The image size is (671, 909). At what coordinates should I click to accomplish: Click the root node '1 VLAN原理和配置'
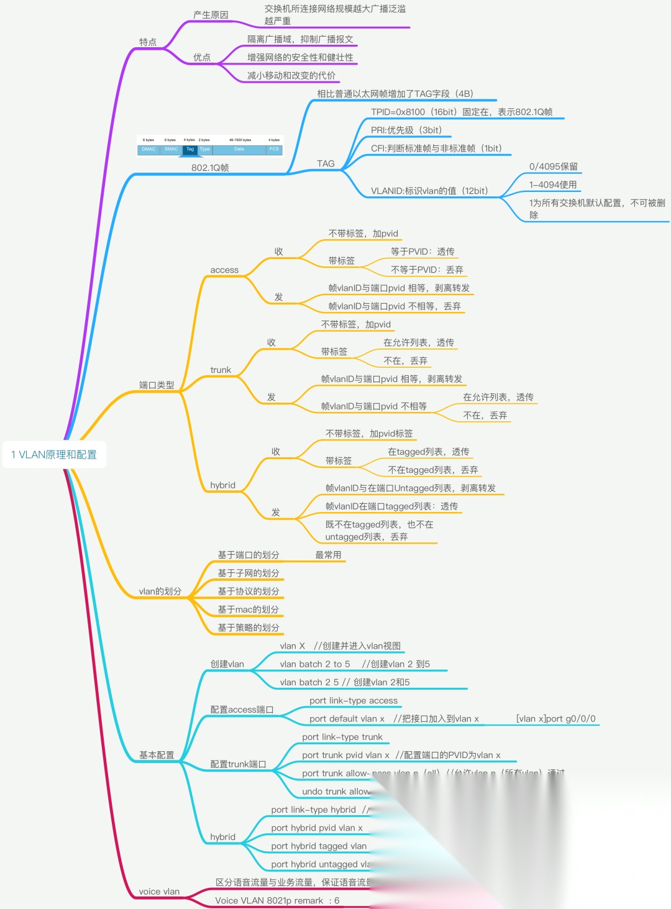54,455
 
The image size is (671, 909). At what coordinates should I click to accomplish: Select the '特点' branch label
148,42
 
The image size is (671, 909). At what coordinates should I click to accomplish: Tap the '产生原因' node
211,15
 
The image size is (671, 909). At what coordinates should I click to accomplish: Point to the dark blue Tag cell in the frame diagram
190,150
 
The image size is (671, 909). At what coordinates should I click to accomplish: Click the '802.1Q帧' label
210,168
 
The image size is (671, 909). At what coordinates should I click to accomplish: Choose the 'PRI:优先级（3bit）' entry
406,130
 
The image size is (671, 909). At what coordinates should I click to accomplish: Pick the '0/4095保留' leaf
554,167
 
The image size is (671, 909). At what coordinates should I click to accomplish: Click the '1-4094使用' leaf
553,185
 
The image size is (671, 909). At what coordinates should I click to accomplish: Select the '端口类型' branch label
157,385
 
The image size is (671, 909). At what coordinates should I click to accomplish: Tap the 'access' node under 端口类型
224,270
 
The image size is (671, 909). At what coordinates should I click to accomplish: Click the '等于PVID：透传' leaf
422,252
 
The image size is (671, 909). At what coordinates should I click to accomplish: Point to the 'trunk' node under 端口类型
221,370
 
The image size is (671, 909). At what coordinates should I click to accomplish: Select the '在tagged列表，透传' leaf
429,452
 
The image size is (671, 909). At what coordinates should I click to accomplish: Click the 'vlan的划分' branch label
160,592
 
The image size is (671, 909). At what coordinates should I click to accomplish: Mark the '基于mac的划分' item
248,610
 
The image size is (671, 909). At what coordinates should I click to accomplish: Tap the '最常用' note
328,555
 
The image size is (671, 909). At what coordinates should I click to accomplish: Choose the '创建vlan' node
227,664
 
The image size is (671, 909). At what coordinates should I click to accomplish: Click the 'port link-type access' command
354,701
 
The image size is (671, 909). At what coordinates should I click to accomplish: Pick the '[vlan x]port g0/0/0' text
555,719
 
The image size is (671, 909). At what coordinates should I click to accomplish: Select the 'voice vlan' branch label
159,892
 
